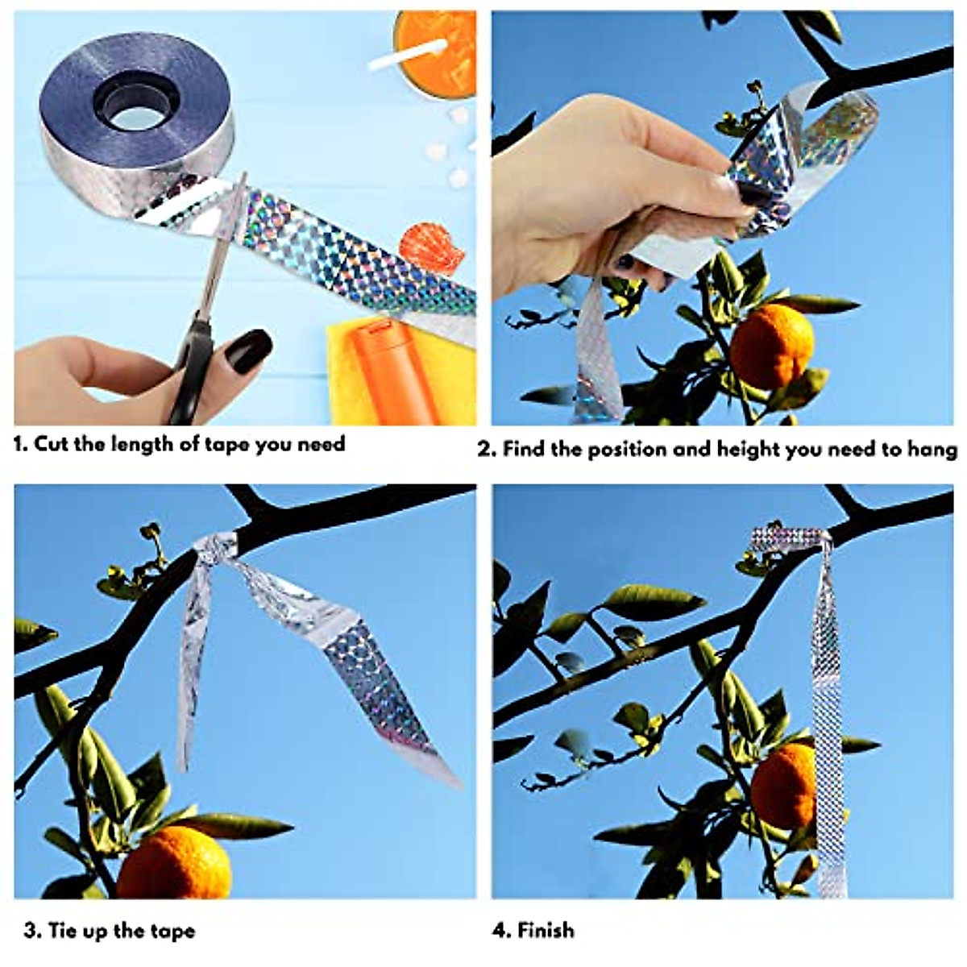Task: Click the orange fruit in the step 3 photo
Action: click(x=174, y=862)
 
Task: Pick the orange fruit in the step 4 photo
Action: click(x=783, y=786)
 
